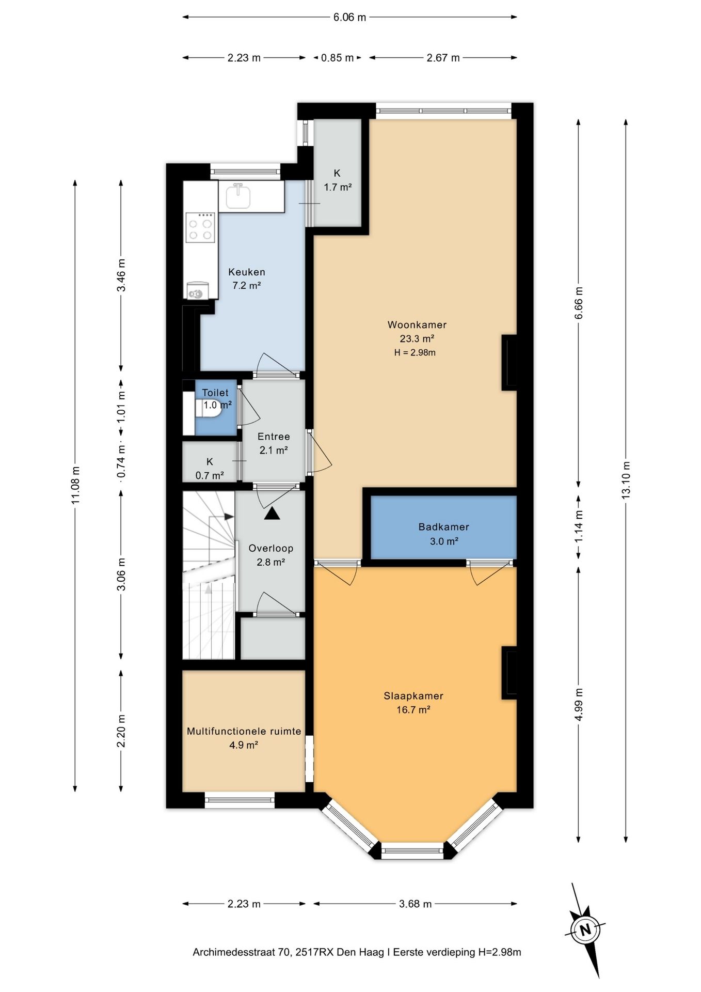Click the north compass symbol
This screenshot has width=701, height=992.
[x=585, y=930]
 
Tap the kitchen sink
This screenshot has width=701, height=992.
[x=238, y=196]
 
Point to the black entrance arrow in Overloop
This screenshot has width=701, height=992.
[x=272, y=514]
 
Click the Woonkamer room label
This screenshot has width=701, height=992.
[x=417, y=325]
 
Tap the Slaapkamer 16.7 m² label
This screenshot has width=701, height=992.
[x=413, y=703]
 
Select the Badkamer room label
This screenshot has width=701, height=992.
[x=444, y=527]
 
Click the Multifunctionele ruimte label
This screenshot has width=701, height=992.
[x=244, y=731]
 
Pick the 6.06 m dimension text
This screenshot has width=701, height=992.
[x=349, y=17]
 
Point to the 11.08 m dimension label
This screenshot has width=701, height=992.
[x=75, y=485]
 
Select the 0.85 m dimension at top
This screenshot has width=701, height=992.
[x=338, y=58]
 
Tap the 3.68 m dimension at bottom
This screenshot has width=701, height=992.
[x=416, y=904]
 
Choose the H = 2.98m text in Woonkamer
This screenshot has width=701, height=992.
[x=415, y=353]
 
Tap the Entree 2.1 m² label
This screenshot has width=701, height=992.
[x=274, y=443]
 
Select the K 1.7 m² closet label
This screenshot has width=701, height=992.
[x=338, y=180]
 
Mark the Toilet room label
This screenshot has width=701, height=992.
[x=215, y=393]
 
